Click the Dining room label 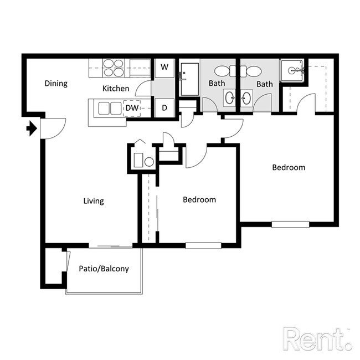56,84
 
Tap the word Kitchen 116,89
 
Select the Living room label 94,200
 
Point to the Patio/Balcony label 104,269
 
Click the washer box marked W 164,68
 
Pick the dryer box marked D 164,107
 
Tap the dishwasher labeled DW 132,108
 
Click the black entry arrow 32,129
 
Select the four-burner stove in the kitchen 114,68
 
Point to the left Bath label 217,84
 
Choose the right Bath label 264,84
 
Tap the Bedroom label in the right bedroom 289,167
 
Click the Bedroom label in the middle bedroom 199,199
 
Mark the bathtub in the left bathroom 189,79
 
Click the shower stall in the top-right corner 291,71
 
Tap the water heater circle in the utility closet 148,162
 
